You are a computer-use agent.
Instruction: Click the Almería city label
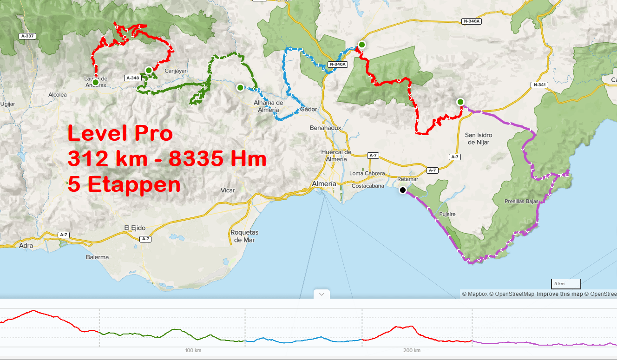click(323, 184)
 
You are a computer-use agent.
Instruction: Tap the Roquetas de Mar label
click(244, 236)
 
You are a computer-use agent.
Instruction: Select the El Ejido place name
click(135, 228)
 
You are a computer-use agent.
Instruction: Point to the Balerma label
click(97, 257)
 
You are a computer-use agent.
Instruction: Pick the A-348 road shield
click(133, 78)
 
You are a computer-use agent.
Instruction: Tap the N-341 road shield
click(540, 85)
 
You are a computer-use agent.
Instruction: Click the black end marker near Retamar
click(403, 190)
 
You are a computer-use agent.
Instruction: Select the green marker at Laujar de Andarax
click(95, 82)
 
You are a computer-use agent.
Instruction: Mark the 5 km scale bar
click(566, 284)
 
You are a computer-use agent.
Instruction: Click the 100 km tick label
click(193, 350)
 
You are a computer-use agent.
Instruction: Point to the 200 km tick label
click(412, 350)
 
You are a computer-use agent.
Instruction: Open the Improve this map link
click(559, 294)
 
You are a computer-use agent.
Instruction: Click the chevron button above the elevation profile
click(322, 294)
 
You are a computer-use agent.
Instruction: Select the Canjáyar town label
click(176, 71)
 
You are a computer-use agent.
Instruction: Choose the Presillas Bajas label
click(521, 202)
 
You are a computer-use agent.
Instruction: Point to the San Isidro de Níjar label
click(478, 138)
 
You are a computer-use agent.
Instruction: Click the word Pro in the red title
click(154, 134)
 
